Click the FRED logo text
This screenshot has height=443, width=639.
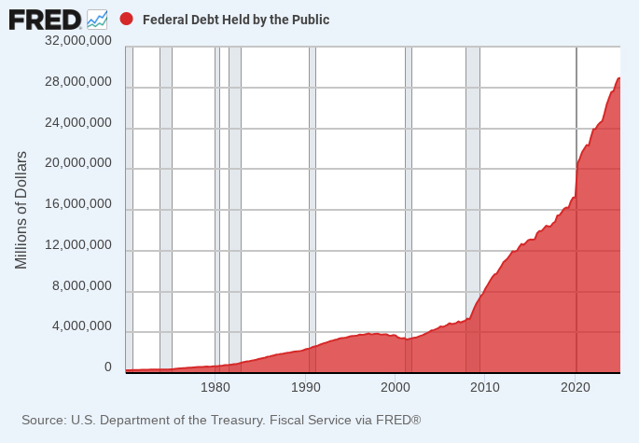point(45,19)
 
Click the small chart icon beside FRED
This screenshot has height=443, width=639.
point(97,19)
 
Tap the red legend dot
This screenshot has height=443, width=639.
point(127,19)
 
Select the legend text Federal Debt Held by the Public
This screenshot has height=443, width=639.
point(236,20)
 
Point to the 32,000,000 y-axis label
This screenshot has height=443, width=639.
point(78,41)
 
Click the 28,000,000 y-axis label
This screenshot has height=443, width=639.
point(78,82)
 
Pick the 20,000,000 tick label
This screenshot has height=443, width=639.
point(78,163)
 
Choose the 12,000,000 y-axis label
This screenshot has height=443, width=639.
point(78,245)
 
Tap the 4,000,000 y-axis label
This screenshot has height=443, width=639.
point(82,327)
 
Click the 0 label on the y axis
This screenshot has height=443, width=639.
point(107,367)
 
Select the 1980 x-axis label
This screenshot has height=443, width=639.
point(215,386)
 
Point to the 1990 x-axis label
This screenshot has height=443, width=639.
point(306,386)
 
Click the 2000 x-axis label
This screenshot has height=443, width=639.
point(396,386)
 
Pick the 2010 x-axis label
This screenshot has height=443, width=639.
point(486,386)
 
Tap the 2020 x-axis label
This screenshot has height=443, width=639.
point(576,386)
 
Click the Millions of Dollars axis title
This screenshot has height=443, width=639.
point(21,209)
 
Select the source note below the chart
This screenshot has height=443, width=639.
point(221,421)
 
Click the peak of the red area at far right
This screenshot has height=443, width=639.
point(618,78)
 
